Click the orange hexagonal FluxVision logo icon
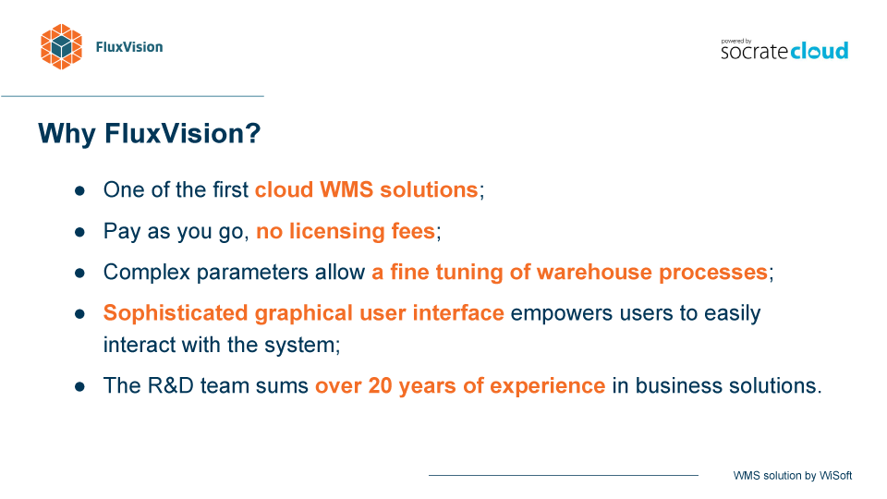pos(61,46)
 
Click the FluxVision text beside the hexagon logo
pos(129,47)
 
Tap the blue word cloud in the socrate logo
pos(820,50)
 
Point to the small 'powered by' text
pos(736,41)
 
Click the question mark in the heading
pos(253,133)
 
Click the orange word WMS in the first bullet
pos(346,189)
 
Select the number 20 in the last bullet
pos(380,386)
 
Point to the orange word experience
pos(548,386)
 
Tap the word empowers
pos(561,313)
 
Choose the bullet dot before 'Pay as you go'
pos(79,232)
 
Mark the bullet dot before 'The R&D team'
pos(79,387)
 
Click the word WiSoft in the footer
pos(835,476)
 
